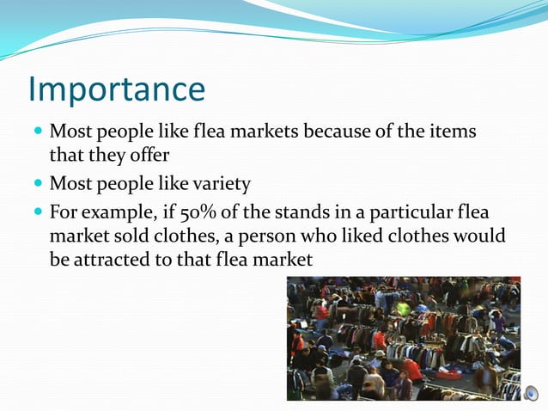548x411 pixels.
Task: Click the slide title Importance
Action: (117, 89)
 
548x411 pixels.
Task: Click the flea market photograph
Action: (404, 339)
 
